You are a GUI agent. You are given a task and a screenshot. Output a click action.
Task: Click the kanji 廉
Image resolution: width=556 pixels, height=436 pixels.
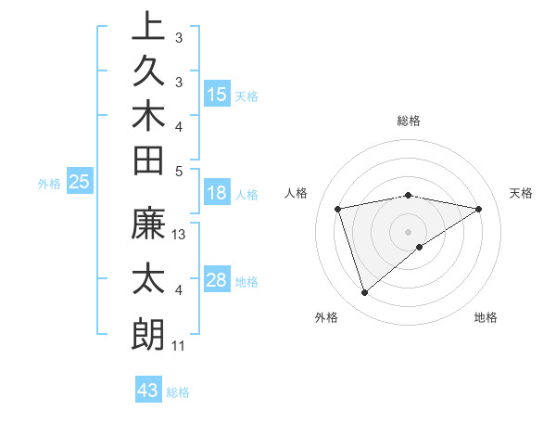[x=149, y=225]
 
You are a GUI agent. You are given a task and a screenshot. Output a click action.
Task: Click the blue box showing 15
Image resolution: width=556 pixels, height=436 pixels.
[x=217, y=95]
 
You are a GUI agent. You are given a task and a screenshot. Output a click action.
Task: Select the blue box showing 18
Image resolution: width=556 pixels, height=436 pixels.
[x=217, y=194]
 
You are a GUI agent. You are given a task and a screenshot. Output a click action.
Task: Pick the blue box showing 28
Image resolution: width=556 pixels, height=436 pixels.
[x=217, y=280]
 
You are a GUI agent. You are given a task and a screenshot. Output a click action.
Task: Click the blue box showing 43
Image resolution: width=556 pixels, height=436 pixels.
[x=148, y=391]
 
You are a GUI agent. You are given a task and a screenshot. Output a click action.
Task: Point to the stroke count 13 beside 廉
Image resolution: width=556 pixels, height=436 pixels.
[x=180, y=235]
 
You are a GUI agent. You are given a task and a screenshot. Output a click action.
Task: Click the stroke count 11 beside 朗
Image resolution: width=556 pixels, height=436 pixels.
[x=179, y=346]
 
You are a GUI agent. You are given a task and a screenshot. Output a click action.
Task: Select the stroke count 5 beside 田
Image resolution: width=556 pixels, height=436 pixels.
[x=179, y=171]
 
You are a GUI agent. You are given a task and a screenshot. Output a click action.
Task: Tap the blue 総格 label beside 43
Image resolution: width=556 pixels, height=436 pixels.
[x=178, y=392]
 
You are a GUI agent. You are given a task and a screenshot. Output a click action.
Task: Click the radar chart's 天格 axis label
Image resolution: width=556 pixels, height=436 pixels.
[x=522, y=193]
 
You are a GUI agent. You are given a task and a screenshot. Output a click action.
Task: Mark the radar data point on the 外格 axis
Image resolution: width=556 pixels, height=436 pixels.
[x=365, y=292]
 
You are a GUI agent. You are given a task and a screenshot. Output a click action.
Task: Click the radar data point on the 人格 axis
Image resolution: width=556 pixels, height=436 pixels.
[x=338, y=209]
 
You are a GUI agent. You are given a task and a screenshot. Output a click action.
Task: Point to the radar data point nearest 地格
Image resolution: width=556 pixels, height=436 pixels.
[x=420, y=247]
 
